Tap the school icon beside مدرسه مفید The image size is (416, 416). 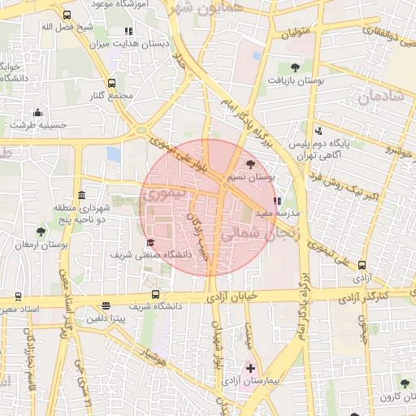tap(277, 200)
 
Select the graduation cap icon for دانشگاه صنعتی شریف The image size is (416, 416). tap(149, 243)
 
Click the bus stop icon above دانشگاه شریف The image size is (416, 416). tap(155, 295)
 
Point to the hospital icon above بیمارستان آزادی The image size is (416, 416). tap(250, 368)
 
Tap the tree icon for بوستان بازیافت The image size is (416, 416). tap(294, 67)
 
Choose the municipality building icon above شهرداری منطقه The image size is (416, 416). tap(81, 195)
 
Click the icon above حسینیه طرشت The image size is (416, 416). tap(37, 113)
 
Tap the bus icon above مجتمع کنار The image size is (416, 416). tap(110, 82)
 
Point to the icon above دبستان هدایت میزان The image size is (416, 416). tap(128, 32)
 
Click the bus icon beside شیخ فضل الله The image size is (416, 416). tap(66, 15)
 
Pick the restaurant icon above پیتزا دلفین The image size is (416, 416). tap(106, 306)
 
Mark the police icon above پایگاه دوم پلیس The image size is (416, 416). tap(318, 130)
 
